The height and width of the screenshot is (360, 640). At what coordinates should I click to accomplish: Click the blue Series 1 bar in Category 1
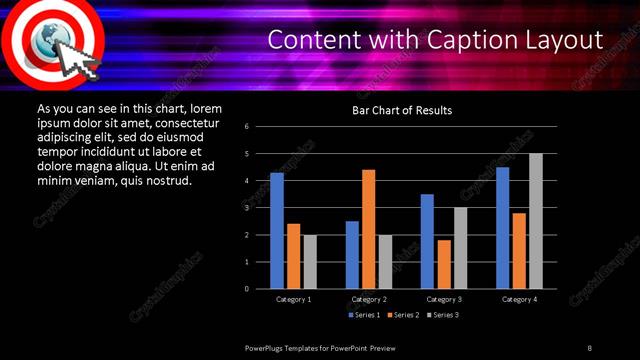tap(277, 231)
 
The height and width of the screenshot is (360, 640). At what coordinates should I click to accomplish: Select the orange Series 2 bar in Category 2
tap(369, 229)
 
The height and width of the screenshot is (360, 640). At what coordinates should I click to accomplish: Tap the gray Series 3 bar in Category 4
tap(536, 221)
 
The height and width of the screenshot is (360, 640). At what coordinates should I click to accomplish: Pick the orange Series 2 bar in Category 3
tap(444, 264)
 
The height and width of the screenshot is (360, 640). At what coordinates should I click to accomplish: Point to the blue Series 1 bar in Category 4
tap(503, 228)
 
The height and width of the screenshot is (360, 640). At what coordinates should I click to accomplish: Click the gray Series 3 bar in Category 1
tap(310, 262)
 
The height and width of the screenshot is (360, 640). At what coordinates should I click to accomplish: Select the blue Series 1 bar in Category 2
tap(352, 255)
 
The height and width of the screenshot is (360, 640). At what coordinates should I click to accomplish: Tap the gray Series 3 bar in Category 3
tap(460, 248)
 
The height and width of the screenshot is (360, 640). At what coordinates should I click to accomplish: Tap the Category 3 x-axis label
tap(444, 299)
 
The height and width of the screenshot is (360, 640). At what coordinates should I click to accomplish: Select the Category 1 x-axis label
tap(293, 299)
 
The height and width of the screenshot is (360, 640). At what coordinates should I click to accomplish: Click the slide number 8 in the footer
tap(588, 346)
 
